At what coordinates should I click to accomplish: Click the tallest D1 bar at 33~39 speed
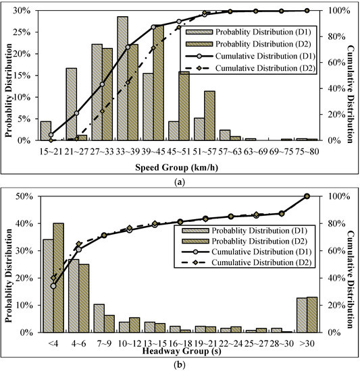(122, 78)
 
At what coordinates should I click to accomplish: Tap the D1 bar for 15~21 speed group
(45, 131)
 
